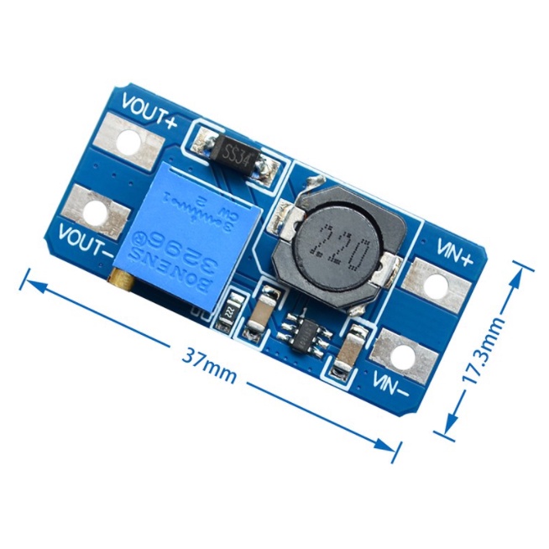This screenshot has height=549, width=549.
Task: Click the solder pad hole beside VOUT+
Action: (x=128, y=143)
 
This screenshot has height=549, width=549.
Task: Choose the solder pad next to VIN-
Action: (x=405, y=355)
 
